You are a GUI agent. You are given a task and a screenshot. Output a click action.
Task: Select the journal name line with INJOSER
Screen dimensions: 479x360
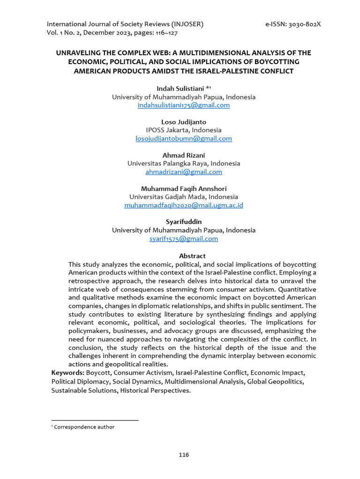[125, 24]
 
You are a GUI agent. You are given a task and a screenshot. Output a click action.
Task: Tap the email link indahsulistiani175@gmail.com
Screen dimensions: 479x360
[184, 105]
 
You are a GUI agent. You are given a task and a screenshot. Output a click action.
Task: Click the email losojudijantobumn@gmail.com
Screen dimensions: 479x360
[184, 138]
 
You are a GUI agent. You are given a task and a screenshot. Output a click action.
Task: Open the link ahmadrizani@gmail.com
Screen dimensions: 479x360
[184, 172]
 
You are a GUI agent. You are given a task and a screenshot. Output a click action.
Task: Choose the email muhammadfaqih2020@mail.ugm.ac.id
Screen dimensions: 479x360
[184, 205]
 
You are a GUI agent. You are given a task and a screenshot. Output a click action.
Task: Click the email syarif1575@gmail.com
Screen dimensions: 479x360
[184, 239]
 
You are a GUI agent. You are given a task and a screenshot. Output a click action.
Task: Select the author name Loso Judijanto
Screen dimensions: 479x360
[184, 122]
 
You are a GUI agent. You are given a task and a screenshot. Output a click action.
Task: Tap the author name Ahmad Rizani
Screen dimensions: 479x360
[184, 155]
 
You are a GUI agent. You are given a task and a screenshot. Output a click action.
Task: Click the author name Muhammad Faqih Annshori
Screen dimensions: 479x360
[184, 189]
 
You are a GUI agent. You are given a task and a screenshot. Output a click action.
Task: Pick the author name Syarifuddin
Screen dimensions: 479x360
[184, 222]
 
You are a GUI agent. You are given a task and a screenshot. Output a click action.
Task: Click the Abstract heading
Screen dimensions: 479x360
[192, 256]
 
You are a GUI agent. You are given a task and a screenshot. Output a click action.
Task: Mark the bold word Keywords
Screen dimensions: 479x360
[67, 373]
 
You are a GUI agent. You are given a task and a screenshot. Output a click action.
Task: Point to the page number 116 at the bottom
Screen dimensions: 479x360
[184, 455]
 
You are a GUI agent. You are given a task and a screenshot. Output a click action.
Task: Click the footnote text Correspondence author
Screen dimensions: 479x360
[84, 427]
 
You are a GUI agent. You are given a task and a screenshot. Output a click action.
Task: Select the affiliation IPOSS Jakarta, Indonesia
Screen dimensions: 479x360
[184, 130]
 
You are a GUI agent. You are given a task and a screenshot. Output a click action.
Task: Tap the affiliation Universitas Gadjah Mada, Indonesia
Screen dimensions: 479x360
[184, 197]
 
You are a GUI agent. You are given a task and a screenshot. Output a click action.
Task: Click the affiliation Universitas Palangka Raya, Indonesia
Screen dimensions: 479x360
[184, 164]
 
